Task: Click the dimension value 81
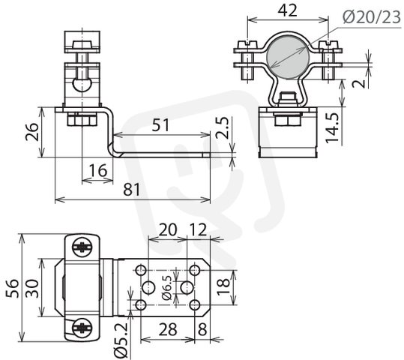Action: (131, 190)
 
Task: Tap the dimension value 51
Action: (160, 124)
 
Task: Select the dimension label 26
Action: (32, 131)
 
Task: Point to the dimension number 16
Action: (98, 170)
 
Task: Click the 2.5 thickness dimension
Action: (222, 128)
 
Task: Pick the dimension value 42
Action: (288, 10)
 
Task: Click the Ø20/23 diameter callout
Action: (372, 17)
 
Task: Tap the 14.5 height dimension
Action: (332, 127)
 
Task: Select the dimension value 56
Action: (12, 288)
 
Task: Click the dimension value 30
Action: (32, 288)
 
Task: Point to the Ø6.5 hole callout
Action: (167, 287)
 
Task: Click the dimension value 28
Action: (168, 329)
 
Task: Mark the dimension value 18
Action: (223, 286)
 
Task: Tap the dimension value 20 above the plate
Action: (168, 229)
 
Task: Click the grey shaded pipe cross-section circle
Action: (288, 58)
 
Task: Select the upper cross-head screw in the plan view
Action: (82, 247)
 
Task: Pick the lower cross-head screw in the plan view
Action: (82, 328)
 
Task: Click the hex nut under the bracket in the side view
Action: (82, 120)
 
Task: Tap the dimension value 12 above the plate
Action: (198, 229)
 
